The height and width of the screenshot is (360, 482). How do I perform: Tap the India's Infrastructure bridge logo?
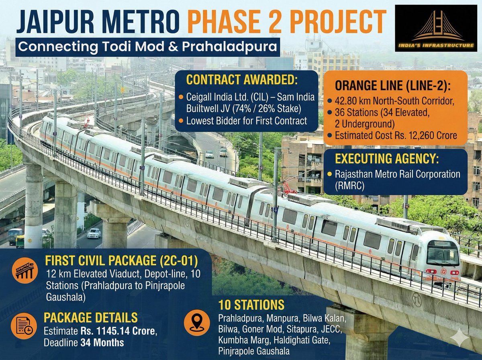[436, 27]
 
